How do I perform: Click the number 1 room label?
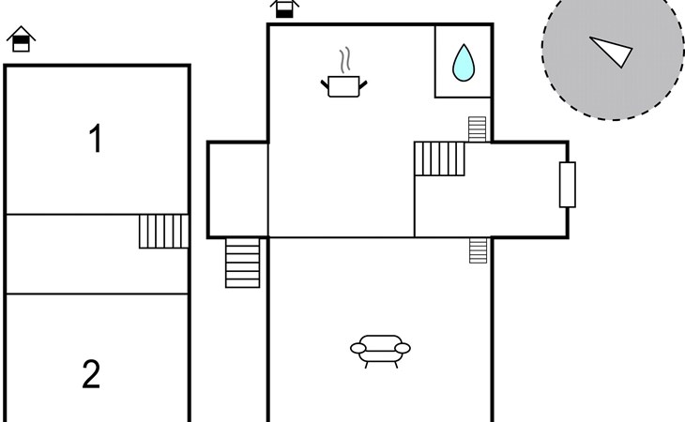point(96,138)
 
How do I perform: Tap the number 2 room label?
point(91,374)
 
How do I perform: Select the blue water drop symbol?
point(464,63)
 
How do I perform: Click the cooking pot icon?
point(343,86)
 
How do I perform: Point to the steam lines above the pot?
point(345,60)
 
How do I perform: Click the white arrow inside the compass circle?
point(611,51)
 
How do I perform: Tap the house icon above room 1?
point(21,39)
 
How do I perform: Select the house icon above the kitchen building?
point(284,8)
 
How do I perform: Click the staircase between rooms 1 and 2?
point(164,232)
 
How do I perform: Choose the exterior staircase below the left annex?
point(242,263)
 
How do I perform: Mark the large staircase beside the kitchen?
point(439,158)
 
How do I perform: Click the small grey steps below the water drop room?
point(477,129)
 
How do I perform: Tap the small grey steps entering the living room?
point(478,250)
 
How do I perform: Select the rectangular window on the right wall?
point(568,185)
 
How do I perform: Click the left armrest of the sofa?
point(358,348)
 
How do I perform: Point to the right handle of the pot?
point(363,84)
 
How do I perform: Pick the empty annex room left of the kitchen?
point(237,189)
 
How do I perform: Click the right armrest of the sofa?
point(403,348)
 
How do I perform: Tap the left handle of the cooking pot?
point(325,84)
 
